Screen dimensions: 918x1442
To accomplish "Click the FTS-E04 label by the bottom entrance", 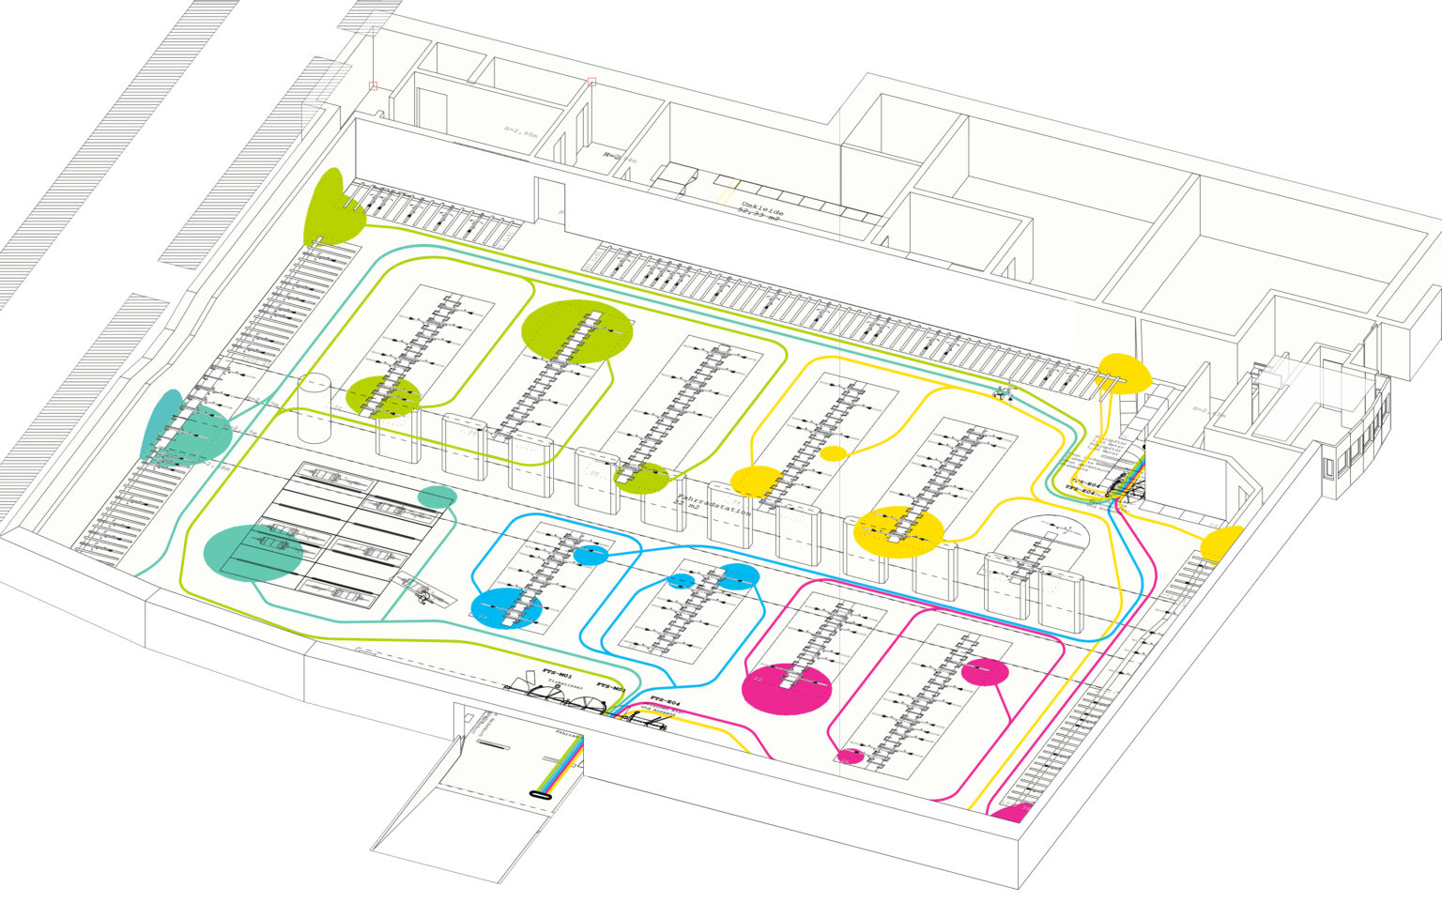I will [x=665, y=701].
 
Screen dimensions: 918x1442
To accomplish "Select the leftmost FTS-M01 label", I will [x=557, y=673].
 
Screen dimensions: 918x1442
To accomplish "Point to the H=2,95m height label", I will [x=520, y=133].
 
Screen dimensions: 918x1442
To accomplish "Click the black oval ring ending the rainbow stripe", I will [x=539, y=794].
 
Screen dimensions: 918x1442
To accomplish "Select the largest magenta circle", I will [x=787, y=689].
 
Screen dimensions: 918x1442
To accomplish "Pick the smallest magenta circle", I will [x=850, y=756].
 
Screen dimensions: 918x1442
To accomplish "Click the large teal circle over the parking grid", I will [x=253, y=553].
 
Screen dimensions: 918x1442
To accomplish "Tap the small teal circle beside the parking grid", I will [x=437, y=497].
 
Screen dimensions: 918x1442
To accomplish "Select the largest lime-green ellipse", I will [x=577, y=331].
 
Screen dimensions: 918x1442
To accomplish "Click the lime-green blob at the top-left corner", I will [x=331, y=207].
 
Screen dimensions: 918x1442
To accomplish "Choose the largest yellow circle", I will [x=898, y=532].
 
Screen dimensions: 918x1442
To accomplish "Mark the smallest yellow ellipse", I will [x=833, y=453].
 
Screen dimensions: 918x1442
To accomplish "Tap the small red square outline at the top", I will [x=591, y=83].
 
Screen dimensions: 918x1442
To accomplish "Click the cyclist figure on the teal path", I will [x=1004, y=393].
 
